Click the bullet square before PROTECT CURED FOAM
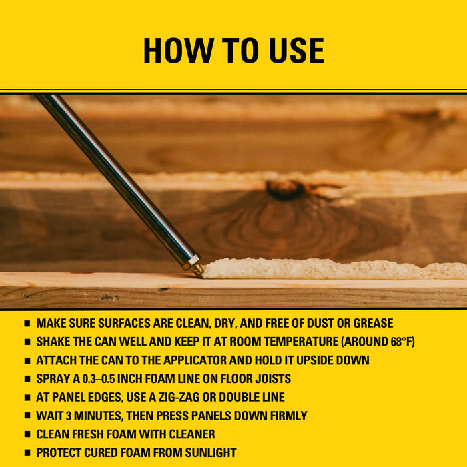tap(27, 453)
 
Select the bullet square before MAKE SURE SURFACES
tap(27, 324)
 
